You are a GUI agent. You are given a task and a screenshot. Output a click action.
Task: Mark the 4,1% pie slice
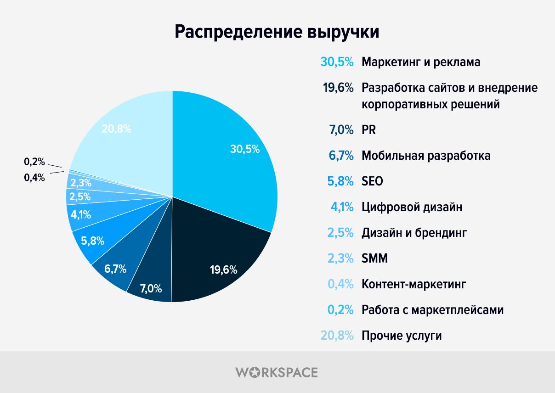click(x=80, y=214)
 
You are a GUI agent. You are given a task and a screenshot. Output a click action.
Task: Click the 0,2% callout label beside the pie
click(x=34, y=162)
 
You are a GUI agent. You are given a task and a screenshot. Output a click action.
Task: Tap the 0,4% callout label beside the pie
click(x=34, y=178)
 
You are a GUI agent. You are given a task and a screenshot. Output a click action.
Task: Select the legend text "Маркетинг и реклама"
click(x=421, y=62)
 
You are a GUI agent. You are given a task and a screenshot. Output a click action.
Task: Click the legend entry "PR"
click(x=368, y=130)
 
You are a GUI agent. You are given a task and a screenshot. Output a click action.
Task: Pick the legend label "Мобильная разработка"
click(x=426, y=156)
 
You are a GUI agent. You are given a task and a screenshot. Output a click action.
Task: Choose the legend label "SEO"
click(x=372, y=181)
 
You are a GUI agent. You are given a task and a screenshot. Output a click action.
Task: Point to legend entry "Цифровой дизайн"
click(x=412, y=207)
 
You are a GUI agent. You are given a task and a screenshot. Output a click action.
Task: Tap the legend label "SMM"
click(x=374, y=258)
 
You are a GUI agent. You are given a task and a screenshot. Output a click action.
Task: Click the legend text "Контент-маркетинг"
click(x=413, y=284)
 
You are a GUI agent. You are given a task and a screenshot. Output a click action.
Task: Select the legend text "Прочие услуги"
click(x=402, y=336)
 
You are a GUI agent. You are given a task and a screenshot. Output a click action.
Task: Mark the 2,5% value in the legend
click(x=340, y=233)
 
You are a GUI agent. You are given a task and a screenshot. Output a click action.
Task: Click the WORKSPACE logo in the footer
click(x=277, y=372)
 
